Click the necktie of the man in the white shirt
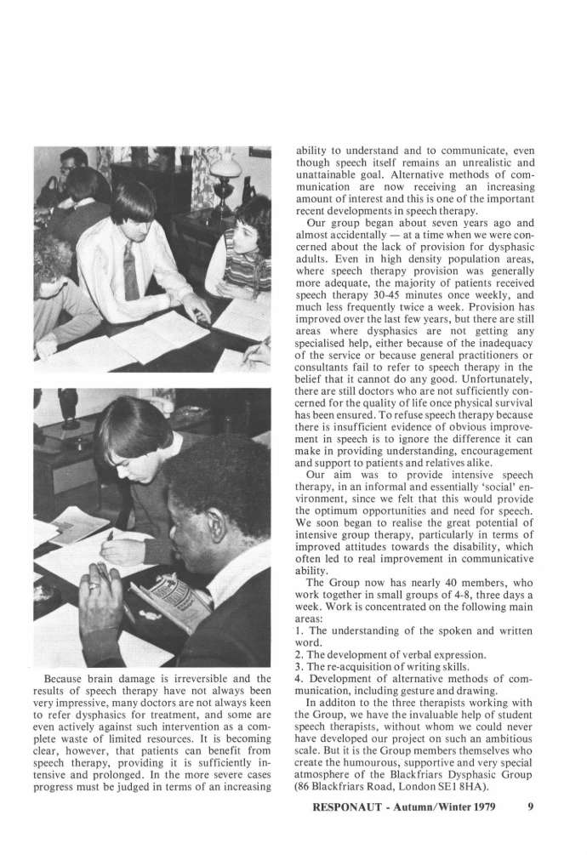[130, 270]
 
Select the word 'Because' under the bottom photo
[69, 679]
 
